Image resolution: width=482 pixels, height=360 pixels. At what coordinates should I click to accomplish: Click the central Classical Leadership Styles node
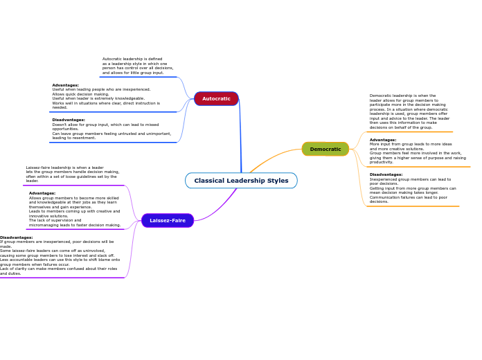pyautogui.click(x=241, y=181)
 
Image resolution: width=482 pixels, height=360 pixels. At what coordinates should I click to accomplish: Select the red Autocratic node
pyautogui.click(x=216, y=98)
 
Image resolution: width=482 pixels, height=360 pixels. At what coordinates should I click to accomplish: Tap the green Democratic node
pyautogui.click(x=325, y=149)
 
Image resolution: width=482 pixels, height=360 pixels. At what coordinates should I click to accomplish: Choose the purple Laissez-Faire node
pyautogui.click(x=168, y=220)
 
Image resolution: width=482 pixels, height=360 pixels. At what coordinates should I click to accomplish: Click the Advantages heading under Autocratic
pyautogui.click(x=65, y=85)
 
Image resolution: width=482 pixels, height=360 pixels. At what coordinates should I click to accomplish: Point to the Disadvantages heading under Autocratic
pyautogui.click(x=69, y=120)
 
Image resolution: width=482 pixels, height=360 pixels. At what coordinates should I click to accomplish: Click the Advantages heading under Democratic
pyautogui.click(x=383, y=140)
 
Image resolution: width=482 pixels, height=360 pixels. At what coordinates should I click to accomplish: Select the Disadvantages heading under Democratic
pyautogui.click(x=386, y=174)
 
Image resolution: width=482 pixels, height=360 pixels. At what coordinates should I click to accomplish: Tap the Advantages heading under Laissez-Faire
pyautogui.click(x=42, y=193)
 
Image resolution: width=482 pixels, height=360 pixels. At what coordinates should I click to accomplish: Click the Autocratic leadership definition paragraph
pyautogui.click(x=137, y=66)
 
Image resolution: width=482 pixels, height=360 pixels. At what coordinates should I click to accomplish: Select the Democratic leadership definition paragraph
pyautogui.click(x=409, y=111)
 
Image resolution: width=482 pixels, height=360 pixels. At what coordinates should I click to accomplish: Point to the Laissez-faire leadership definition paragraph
pyautogui.click(x=72, y=174)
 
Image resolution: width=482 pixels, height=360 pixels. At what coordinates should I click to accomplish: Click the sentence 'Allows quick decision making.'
pyautogui.click(x=80, y=94)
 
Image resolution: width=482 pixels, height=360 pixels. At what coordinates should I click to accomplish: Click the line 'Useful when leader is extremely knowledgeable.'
pyautogui.click(x=98, y=98)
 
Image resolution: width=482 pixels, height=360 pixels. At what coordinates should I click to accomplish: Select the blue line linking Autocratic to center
pyautogui.click(x=240, y=138)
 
